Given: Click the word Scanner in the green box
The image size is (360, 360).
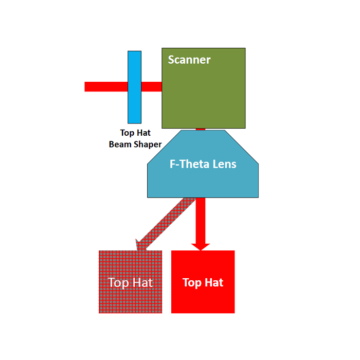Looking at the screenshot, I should (189, 60).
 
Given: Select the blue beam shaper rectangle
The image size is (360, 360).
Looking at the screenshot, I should (134, 87).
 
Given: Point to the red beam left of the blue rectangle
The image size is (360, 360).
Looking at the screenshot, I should (106, 87).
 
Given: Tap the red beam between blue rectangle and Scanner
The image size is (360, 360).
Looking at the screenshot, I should (151, 87).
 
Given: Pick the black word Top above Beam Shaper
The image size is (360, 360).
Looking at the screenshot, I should (127, 133).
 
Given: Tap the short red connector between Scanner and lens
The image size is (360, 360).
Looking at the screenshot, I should (201, 129).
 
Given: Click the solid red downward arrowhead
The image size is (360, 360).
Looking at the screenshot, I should (201, 246).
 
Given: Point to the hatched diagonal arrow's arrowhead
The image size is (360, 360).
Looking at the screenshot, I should (141, 245).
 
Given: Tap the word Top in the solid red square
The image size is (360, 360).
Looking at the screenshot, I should (192, 282).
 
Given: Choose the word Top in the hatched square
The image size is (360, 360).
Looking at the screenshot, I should (118, 282).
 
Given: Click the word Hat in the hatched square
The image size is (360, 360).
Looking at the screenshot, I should (142, 282).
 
